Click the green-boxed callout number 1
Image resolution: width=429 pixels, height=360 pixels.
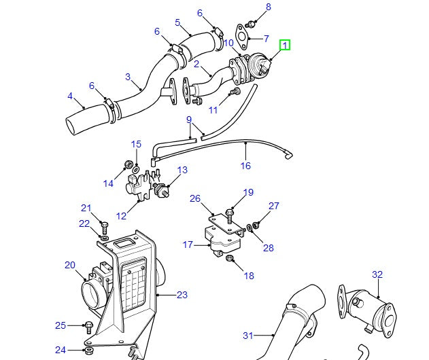(x=286, y=46)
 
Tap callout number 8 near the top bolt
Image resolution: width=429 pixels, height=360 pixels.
(x=268, y=7)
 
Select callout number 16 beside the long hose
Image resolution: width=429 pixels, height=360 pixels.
(x=245, y=166)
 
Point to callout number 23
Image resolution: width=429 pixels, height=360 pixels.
(x=182, y=295)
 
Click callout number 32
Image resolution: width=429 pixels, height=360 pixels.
(x=377, y=275)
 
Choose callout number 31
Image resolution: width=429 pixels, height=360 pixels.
(x=247, y=336)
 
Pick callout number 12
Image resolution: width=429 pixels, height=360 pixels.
(x=122, y=216)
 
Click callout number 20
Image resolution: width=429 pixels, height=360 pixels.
(x=70, y=265)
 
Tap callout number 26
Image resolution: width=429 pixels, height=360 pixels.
(x=195, y=199)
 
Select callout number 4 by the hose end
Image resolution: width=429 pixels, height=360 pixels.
(x=70, y=96)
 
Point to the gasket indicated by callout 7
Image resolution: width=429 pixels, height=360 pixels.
(x=240, y=33)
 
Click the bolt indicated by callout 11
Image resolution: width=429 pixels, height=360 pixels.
(x=236, y=91)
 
